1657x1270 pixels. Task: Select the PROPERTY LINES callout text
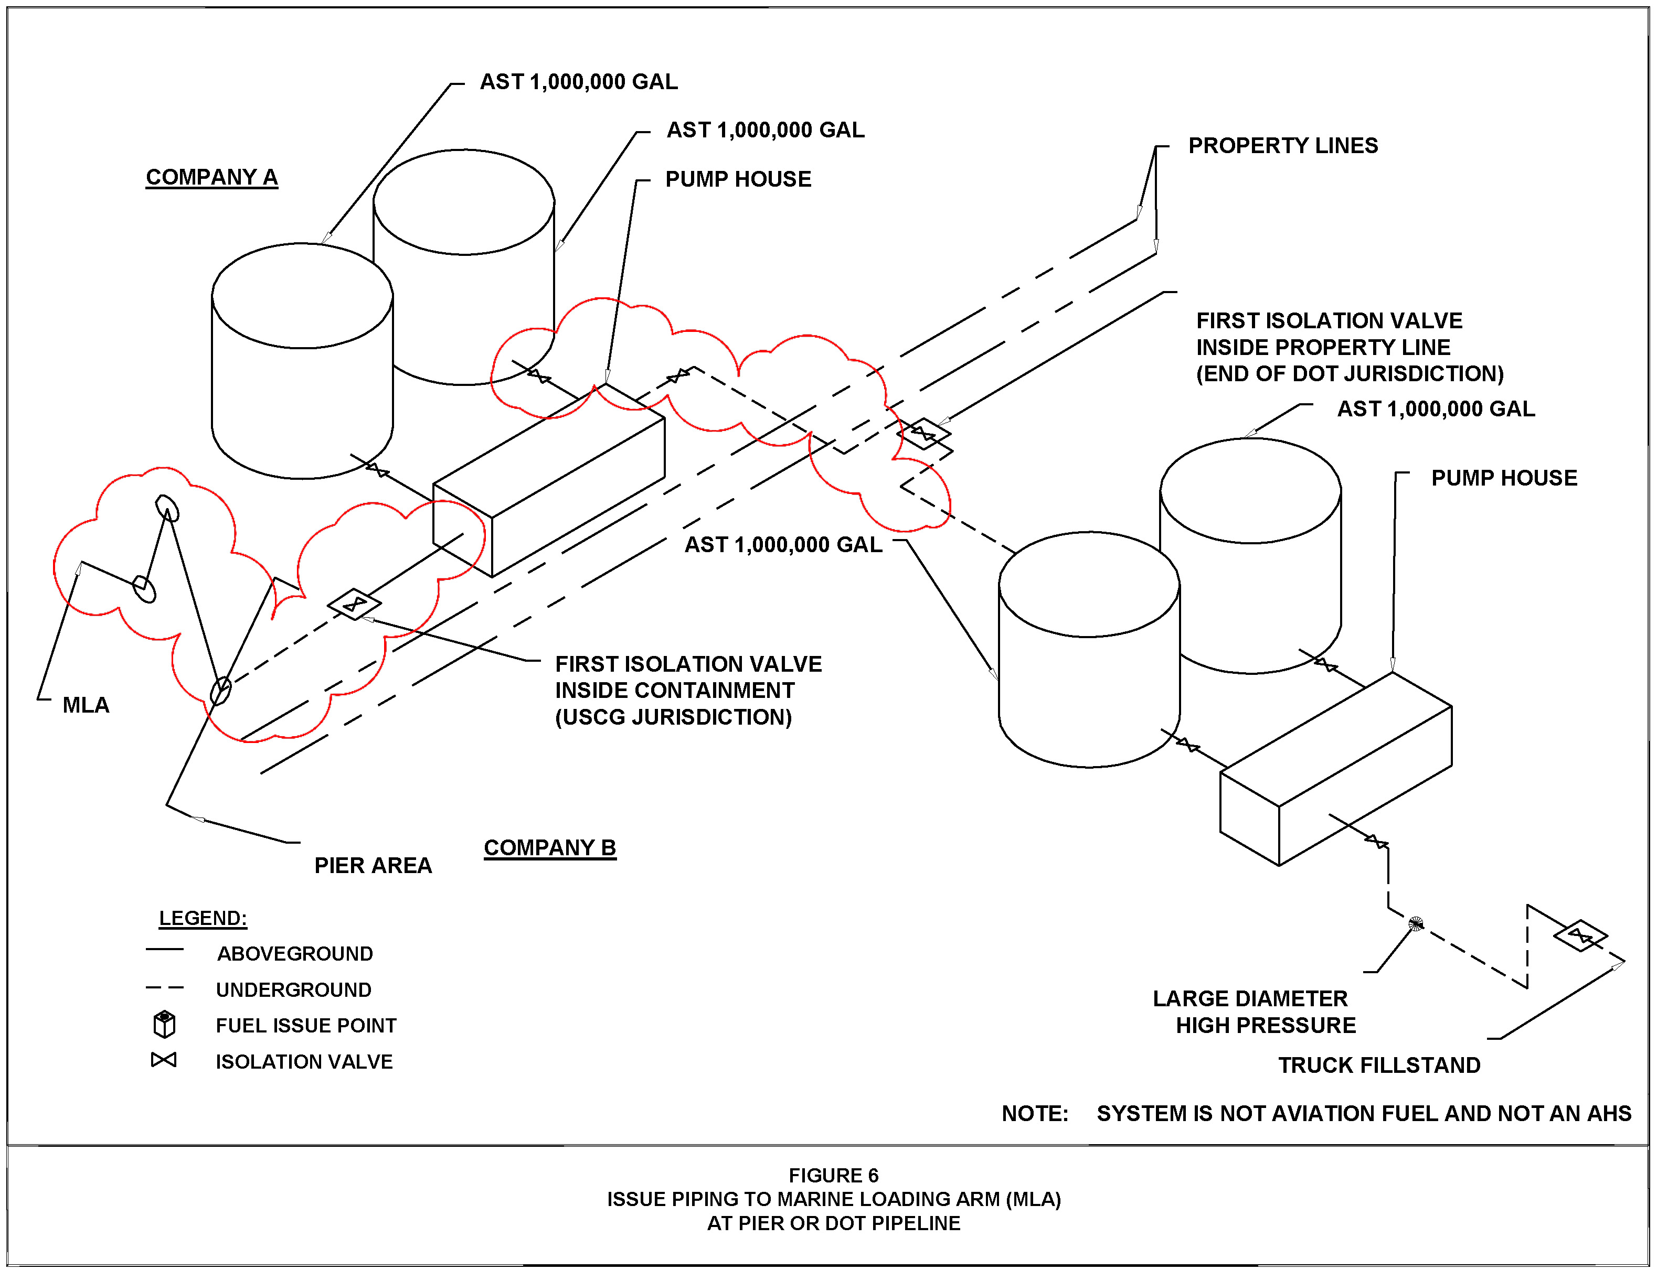pos(1283,145)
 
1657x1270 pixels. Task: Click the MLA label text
pos(86,705)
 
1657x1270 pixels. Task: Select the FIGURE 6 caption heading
pos(833,1176)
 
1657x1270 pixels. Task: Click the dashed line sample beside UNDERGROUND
pos(164,987)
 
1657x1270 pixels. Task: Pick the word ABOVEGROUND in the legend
pos(295,953)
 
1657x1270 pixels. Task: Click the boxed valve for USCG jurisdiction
pos(354,604)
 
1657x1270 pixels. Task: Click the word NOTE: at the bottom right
pos(1035,1114)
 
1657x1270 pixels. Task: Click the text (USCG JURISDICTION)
pos(673,717)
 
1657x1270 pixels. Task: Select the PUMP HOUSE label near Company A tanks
pos(738,179)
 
